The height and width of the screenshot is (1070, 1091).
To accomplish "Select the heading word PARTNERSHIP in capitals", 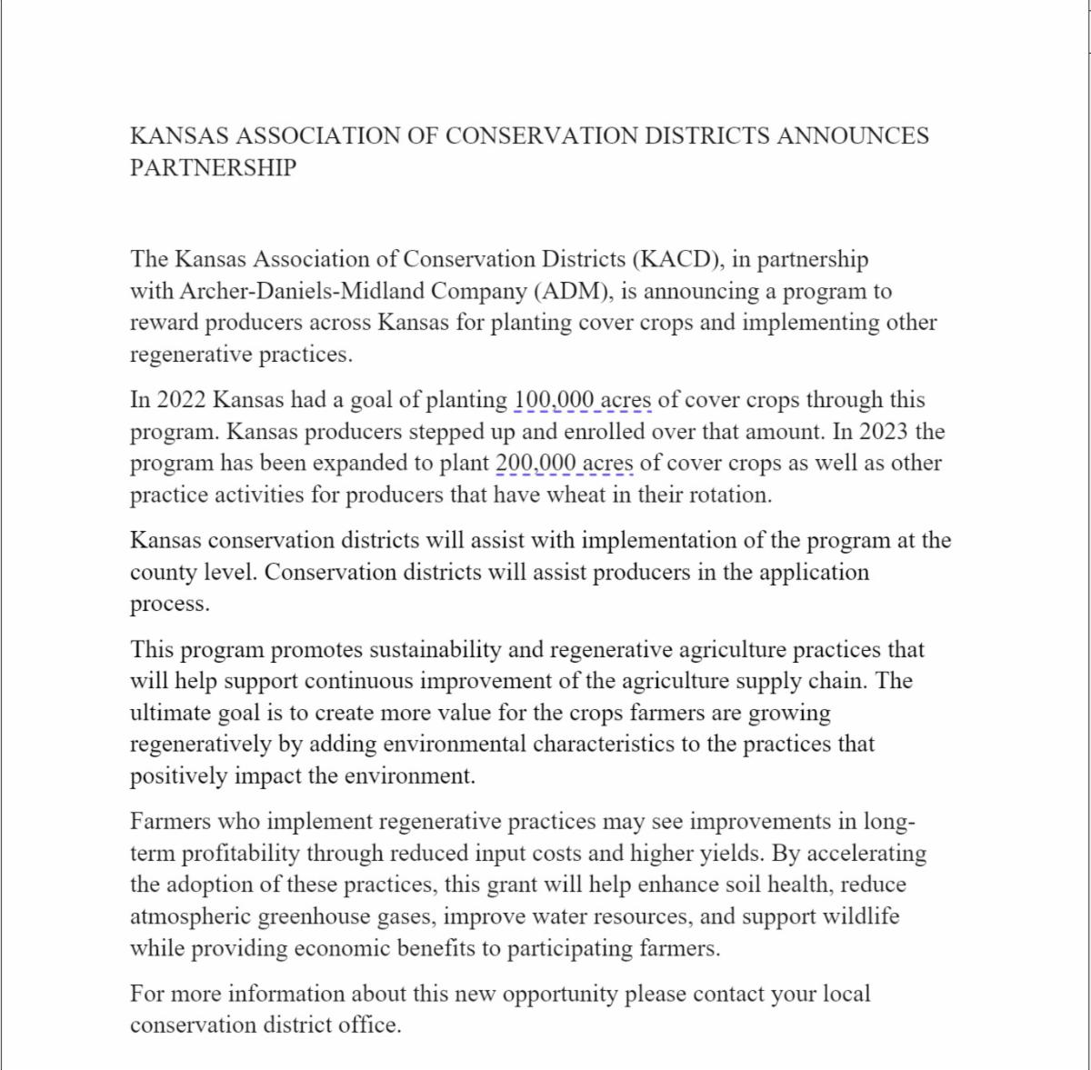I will [213, 168].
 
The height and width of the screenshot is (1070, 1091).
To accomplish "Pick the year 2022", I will [182, 400].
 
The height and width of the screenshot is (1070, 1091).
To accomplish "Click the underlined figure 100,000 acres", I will [582, 400].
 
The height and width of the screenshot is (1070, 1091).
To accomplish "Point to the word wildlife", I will [860, 916].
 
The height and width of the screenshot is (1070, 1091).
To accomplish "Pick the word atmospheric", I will [190, 916].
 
